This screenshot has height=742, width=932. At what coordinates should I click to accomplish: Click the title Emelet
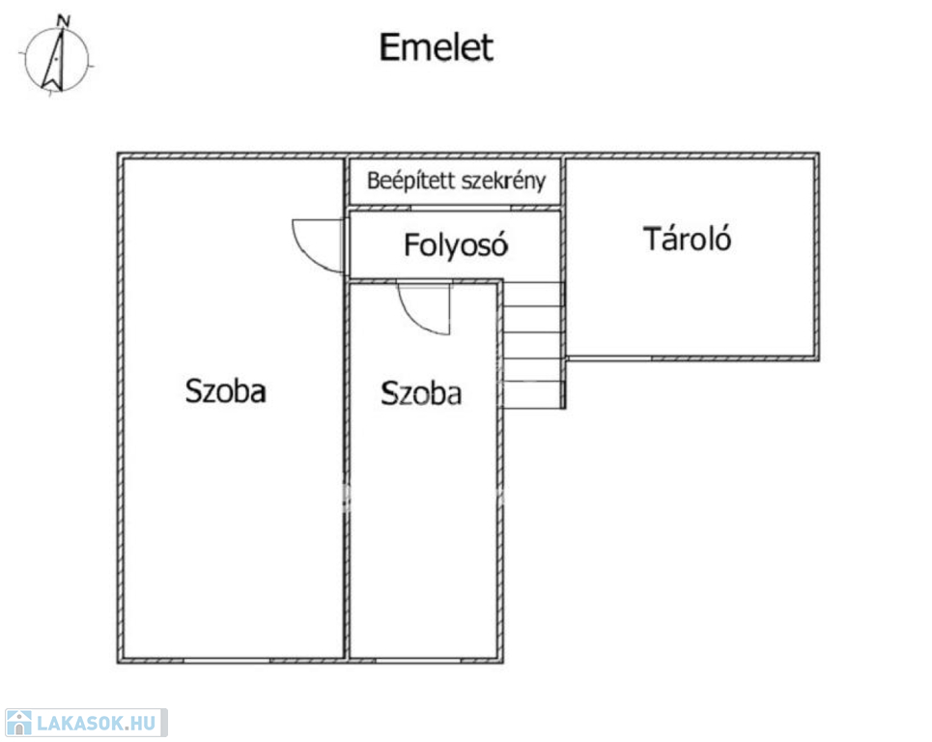tap(437, 47)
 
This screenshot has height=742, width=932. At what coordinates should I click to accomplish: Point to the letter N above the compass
tap(63, 21)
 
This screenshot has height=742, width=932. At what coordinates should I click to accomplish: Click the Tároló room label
tap(687, 239)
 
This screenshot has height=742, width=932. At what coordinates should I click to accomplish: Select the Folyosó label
tap(456, 245)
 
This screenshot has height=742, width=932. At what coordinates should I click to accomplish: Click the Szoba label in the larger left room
tap(225, 390)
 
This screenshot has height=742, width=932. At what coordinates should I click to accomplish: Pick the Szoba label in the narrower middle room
tap(421, 393)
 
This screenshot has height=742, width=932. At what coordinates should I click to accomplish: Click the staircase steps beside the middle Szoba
tap(533, 345)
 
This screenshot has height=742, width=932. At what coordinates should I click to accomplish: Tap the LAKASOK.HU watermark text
tap(97, 723)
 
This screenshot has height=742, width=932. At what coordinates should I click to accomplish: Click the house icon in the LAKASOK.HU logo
tap(18, 723)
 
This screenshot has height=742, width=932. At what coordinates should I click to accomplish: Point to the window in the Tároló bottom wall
tap(608, 358)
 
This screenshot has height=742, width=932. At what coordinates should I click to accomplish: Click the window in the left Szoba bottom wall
tap(226, 661)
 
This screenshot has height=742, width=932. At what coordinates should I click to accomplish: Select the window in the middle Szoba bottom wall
tap(418, 661)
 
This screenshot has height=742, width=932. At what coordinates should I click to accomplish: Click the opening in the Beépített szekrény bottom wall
tap(461, 208)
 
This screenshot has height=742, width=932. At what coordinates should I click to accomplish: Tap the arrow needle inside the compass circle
tap(54, 60)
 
